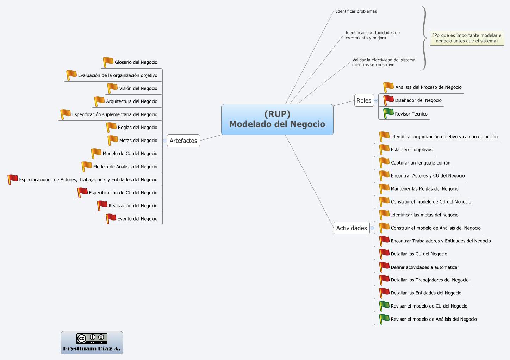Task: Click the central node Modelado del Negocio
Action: tap(277, 119)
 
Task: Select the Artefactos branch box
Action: tap(183, 141)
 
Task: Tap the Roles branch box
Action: tap(363, 100)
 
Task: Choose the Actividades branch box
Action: tap(351, 228)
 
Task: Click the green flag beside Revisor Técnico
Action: tap(388, 113)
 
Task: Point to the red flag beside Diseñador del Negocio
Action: tap(388, 100)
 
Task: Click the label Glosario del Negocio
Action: tap(136, 62)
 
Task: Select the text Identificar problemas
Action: tap(356, 11)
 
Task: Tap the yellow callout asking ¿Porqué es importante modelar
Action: tap(467, 38)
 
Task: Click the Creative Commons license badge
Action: tap(92, 339)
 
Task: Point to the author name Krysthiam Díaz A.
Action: tap(92, 349)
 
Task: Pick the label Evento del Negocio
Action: tap(137, 219)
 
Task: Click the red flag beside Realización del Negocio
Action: tap(102, 205)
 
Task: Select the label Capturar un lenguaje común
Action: tap(421, 163)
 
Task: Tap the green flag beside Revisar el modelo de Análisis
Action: tap(384, 318)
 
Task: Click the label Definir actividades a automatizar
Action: tap(425, 267)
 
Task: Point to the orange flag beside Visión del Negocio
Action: tap(112, 88)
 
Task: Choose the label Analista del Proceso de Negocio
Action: tap(428, 87)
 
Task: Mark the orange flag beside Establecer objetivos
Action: tap(384, 149)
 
